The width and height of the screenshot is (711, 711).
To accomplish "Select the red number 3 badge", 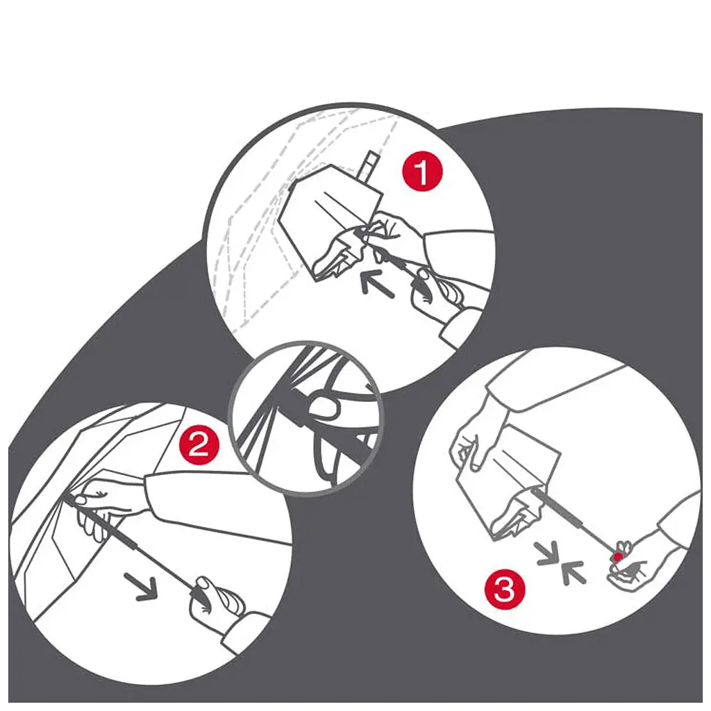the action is click(x=504, y=589).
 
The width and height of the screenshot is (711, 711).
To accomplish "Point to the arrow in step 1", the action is click(x=377, y=283).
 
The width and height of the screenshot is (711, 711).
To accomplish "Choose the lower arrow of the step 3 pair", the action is click(x=574, y=572).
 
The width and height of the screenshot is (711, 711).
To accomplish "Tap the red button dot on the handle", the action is click(x=617, y=556).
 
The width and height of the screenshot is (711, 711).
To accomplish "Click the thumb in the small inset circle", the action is click(x=324, y=405).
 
